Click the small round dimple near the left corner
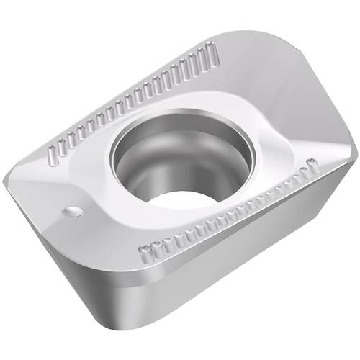coord(72,211)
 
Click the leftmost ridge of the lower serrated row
coord(142,251)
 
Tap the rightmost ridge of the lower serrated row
coord(310,163)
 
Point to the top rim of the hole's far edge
coord(180,114)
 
